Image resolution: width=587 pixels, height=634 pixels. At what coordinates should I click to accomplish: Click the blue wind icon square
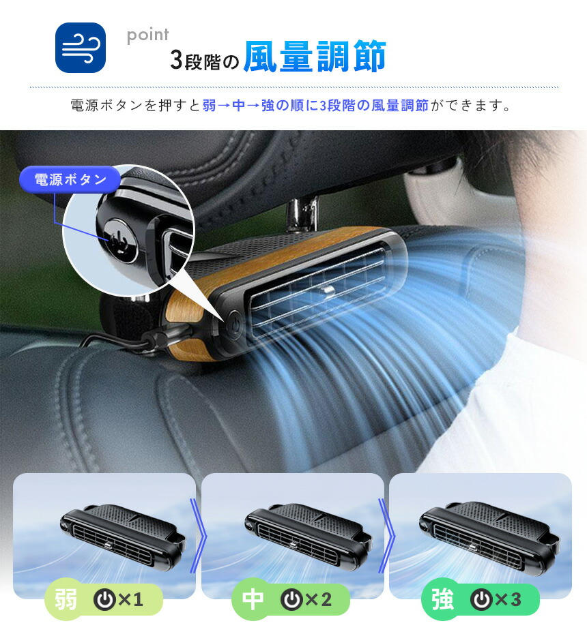click(x=80, y=48)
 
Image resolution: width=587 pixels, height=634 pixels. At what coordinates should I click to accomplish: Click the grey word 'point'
click(x=147, y=35)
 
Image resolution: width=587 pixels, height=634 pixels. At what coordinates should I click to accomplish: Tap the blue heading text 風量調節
click(x=315, y=56)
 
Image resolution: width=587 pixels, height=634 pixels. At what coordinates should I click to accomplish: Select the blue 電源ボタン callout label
click(x=70, y=179)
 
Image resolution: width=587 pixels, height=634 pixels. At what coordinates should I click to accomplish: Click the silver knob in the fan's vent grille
click(x=327, y=292)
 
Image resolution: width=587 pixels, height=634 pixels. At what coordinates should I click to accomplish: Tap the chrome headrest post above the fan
click(x=302, y=213)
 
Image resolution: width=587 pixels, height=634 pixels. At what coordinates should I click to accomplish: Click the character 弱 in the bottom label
click(x=66, y=599)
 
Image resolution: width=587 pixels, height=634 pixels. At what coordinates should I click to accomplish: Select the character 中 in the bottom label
click(x=253, y=599)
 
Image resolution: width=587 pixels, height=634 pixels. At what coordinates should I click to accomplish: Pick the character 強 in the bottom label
click(x=442, y=599)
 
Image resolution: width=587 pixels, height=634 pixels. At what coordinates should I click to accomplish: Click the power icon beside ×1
click(x=104, y=599)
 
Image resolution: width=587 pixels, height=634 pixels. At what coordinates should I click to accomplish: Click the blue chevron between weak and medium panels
click(x=199, y=536)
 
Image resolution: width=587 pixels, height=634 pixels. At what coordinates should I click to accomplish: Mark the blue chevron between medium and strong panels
click(x=386, y=536)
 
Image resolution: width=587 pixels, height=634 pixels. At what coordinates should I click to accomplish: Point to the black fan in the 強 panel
click(x=489, y=534)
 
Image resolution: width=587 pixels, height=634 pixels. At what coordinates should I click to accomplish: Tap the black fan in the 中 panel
click(x=308, y=533)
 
